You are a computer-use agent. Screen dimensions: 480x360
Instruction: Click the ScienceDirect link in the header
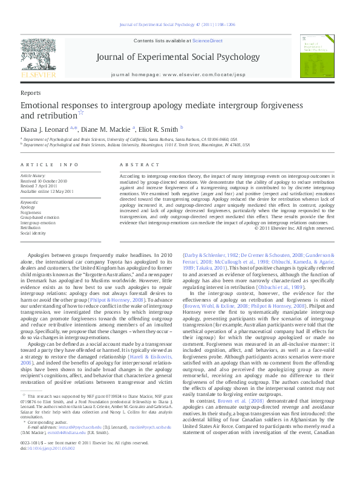(207, 41)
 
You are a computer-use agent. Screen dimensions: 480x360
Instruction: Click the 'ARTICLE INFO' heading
(49, 164)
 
